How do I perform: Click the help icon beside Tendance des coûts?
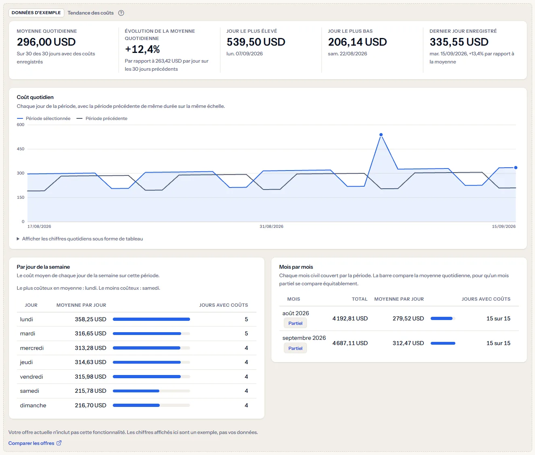pos(121,13)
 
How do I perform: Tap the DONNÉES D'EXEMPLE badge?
pos(36,13)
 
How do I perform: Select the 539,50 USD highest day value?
pos(256,42)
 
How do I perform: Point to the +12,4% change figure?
pos(142,49)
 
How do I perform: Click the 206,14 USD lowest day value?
pos(357,42)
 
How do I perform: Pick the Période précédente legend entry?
pos(102,118)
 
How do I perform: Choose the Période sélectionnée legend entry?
pos(44,118)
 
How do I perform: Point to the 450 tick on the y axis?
pos(21,149)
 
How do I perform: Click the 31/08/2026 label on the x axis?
pos(271,226)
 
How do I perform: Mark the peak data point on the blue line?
pos(381,135)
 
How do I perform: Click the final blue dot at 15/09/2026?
pos(516,168)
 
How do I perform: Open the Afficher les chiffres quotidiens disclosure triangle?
pos(18,239)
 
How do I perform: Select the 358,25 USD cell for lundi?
pos(90,319)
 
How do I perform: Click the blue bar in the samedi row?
pos(136,391)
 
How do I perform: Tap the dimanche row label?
pos(33,405)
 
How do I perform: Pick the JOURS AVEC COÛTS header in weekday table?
pos(223,305)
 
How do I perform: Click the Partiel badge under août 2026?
pos(295,323)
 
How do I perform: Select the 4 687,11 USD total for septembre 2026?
pos(350,343)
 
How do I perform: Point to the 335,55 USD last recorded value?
pos(459,42)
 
